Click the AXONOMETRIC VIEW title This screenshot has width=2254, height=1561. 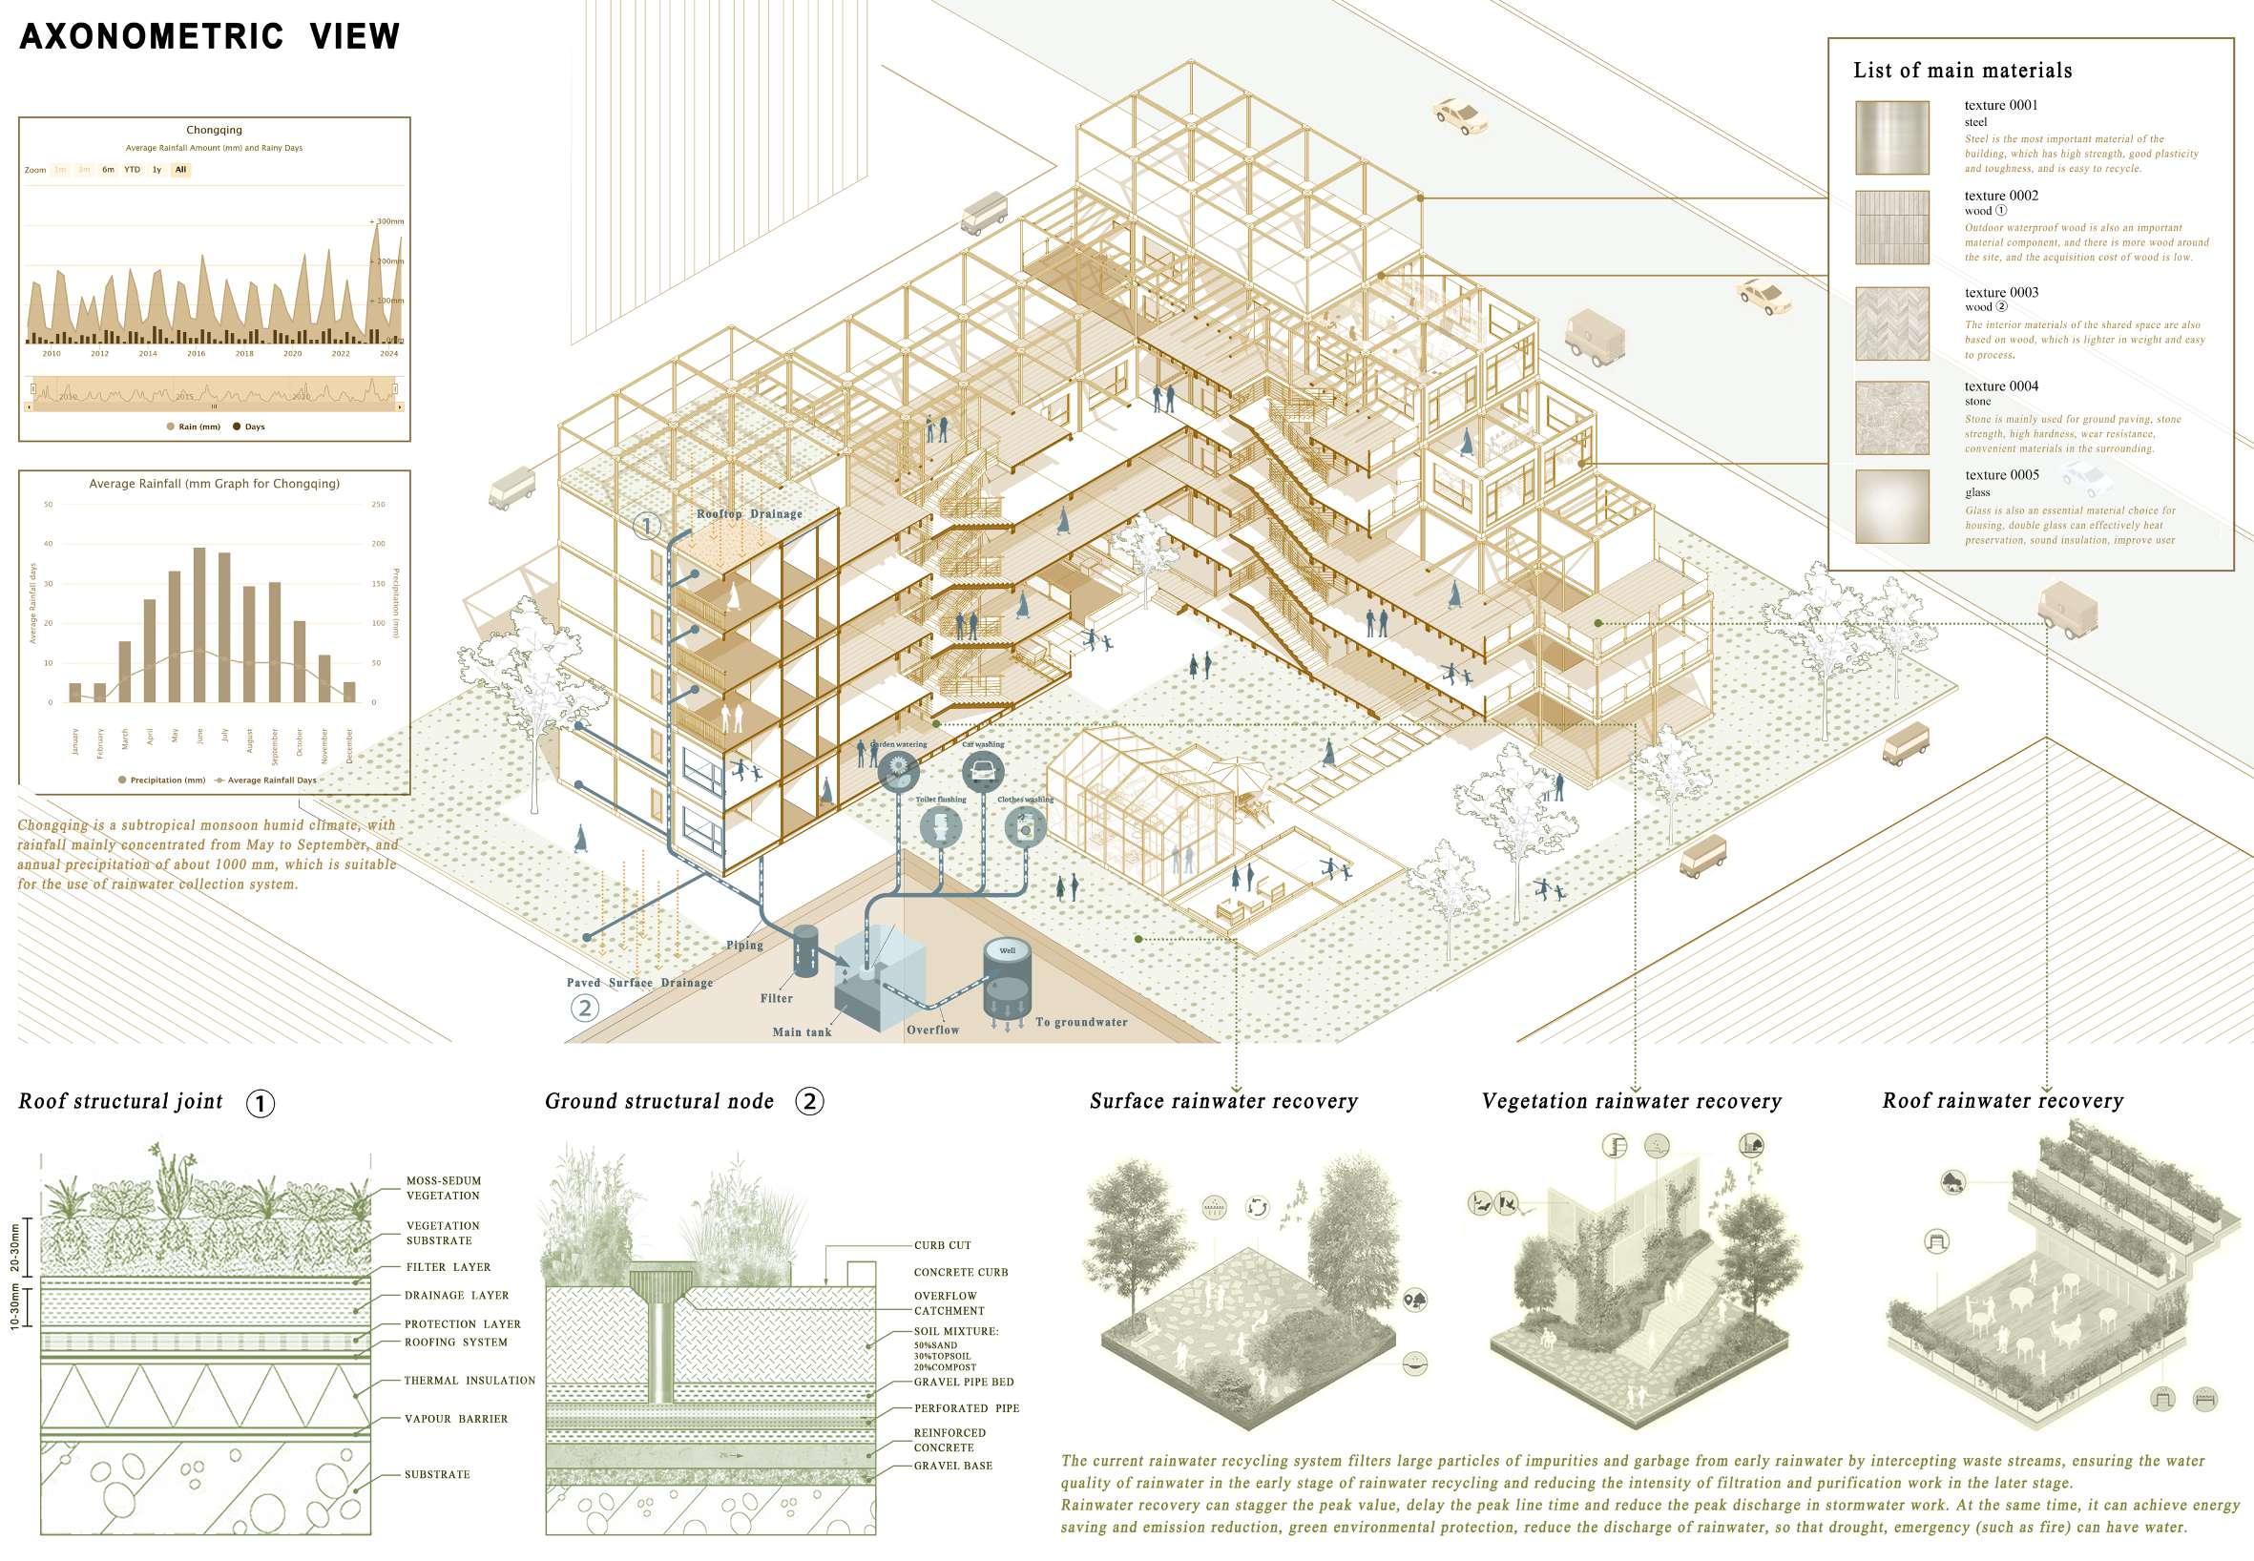209,37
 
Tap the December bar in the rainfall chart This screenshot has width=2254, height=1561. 349,692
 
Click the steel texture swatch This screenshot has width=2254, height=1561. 1892,138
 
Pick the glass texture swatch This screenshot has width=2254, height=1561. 1892,507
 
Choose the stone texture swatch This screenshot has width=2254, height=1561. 1892,418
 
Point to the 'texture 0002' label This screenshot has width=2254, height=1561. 2000,196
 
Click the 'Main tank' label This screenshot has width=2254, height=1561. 802,1031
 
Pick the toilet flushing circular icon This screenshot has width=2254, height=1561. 940,826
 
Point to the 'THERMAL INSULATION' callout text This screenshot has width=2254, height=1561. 470,1381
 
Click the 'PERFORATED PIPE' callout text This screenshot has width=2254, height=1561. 966,1408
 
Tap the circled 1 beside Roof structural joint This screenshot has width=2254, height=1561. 261,1104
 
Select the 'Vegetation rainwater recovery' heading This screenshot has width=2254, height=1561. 1631,1101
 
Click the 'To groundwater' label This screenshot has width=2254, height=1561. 1081,1022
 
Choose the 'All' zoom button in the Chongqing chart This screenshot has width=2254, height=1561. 180,169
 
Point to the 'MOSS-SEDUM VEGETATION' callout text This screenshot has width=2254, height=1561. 443,1187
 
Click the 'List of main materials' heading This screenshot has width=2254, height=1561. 1962,71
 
